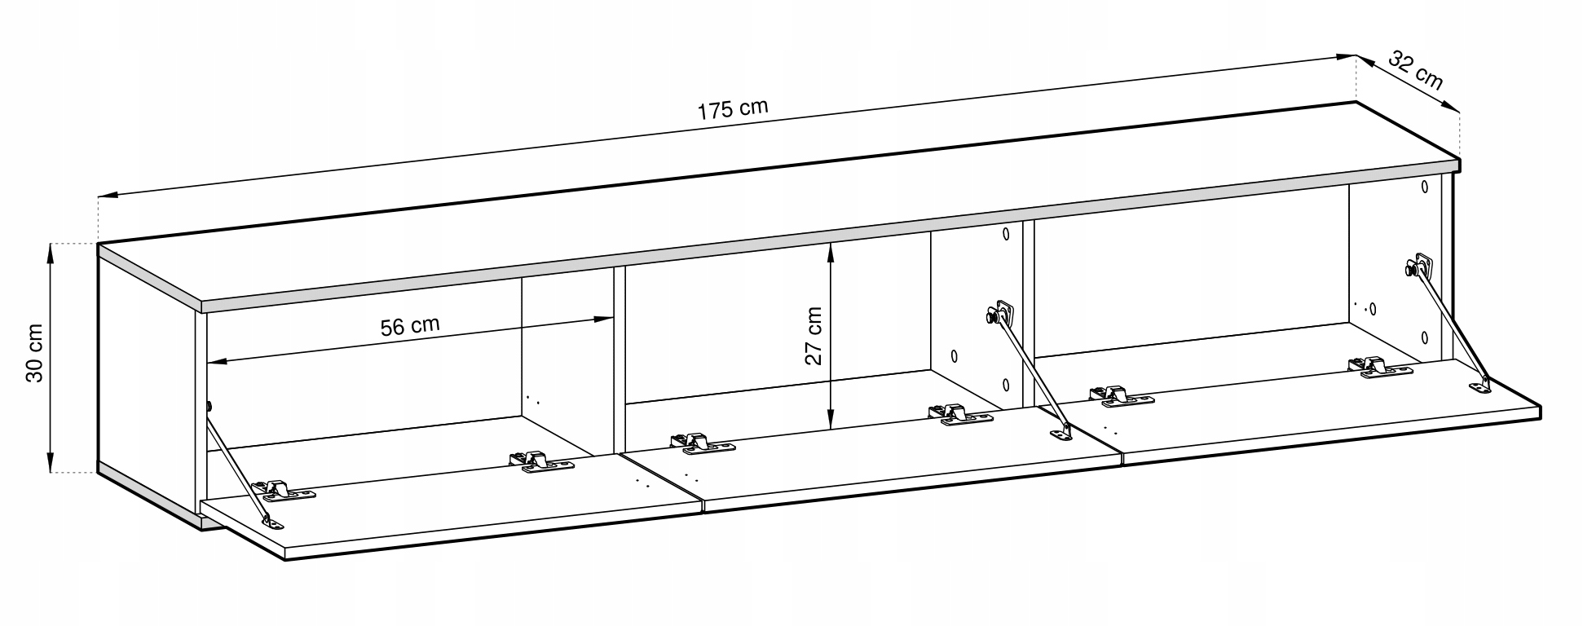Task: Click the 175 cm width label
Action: pyautogui.click(x=731, y=108)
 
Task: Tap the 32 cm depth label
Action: pyautogui.click(x=1414, y=71)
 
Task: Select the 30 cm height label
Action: pyautogui.click(x=35, y=358)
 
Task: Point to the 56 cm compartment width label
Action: pyautogui.click(x=410, y=325)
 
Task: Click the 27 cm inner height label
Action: pyautogui.click(x=814, y=335)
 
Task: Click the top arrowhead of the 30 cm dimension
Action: pyautogui.click(x=51, y=249)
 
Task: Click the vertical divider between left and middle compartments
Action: pyautogui.click(x=619, y=359)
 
